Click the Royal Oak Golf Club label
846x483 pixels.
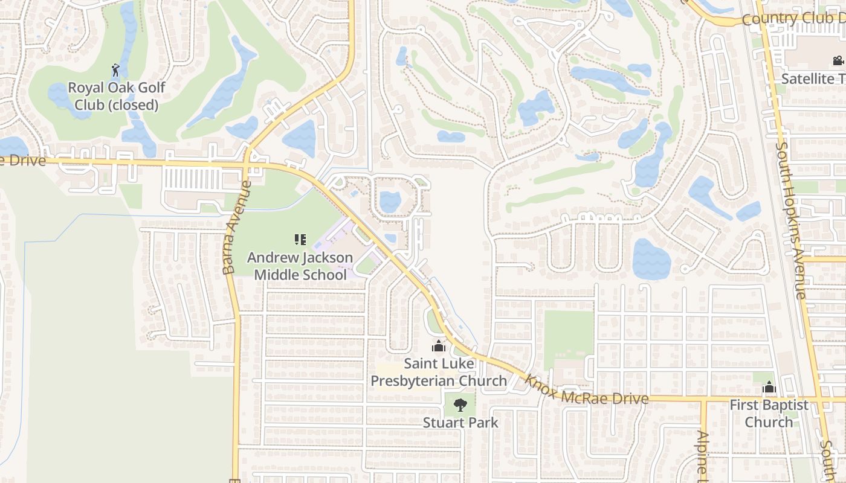coord(116,96)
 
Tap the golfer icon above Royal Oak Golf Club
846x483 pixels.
coord(115,71)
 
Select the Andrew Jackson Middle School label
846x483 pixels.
coord(300,266)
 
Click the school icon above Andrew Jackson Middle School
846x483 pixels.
coord(300,240)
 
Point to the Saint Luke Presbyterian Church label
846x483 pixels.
coord(439,372)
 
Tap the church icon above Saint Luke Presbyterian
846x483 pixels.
coord(439,347)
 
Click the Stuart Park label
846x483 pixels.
coord(460,422)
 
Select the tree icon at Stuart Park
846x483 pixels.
coord(460,405)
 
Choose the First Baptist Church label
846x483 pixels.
coord(769,413)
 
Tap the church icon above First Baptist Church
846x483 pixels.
coord(769,387)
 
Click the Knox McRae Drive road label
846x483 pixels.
coord(586,390)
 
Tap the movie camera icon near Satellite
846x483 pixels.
coord(838,60)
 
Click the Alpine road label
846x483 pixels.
coord(703,453)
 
